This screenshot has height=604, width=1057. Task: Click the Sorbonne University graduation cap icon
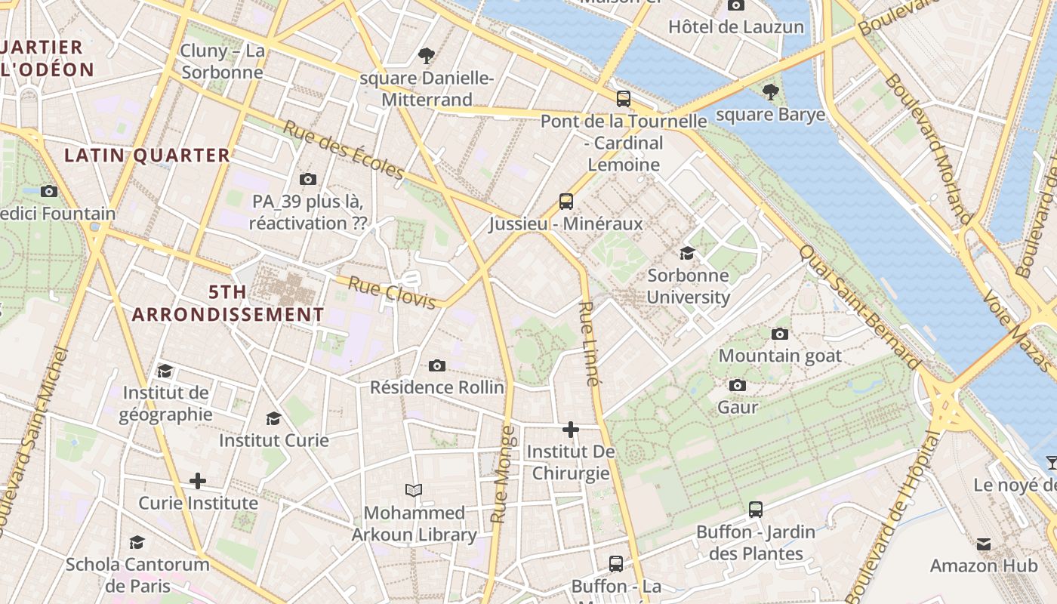pyautogui.click(x=687, y=253)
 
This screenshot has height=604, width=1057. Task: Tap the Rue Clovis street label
pyautogui.click(x=392, y=293)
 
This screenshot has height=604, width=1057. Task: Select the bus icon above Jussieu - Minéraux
pyautogui.click(x=566, y=201)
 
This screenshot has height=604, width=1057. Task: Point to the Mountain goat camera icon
pyautogui.click(x=780, y=334)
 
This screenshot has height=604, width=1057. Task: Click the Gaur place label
pyautogui.click(x=738, y=407)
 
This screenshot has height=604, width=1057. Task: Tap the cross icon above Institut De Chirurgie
pyautogui.click(x=571, y=430)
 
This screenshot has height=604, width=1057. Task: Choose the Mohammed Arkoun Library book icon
pyautogui.click(x=414, y=491)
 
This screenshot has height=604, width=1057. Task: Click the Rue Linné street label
pyautogui.click(x=590, y=344)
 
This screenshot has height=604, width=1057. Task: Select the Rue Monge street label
pyautogui.click(x=503, y=474)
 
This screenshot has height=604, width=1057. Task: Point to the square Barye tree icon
pyautogui.click(x=770, y=92)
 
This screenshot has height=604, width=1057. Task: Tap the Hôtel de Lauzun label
pyautogui.click(x=736, y=27)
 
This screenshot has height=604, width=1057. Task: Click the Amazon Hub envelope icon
pyautogui.click(x=984, y=544)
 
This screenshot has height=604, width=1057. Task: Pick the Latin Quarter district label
pyautogui.click(x=147, y=156)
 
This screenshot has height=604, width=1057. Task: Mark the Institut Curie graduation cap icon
pyautogui.click(x=273, y=418)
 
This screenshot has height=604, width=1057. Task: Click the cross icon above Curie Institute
pyautogui.click(x=198, y=481)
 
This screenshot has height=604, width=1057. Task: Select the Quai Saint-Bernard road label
pyautogui.click(x=860, y=307)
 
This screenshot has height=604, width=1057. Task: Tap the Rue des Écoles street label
pyautogui.click(x=344, y=150)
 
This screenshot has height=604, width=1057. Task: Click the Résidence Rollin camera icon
pyautogui.click(x=436, y=366)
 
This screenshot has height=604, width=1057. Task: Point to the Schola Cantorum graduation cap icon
pyautogui.click(x=137, y=542)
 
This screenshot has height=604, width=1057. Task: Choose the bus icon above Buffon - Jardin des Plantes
pyautogui.click(x=756, y=510)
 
